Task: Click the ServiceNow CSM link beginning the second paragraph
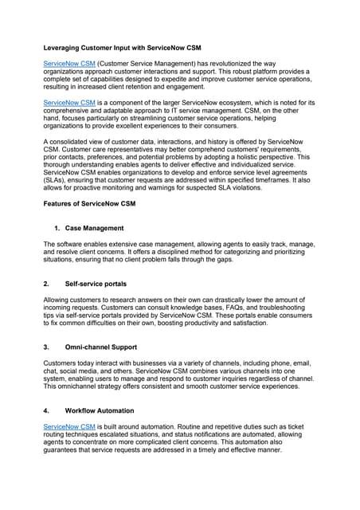pyautogui.click(x=69, y=103)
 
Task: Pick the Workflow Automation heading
pyautogui.click(x=100, y=410)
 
